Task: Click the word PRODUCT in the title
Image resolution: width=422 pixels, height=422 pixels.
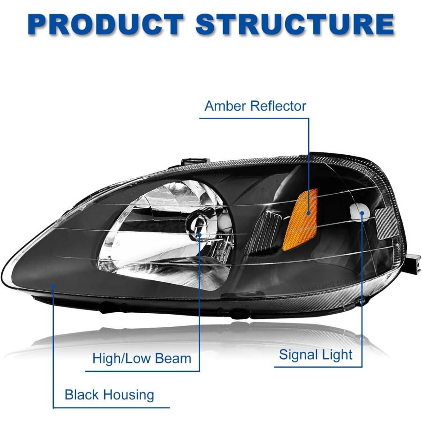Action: (106, 25)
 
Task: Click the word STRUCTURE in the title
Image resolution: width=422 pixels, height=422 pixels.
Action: (295, 25)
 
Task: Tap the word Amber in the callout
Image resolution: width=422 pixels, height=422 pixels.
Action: (225, 106)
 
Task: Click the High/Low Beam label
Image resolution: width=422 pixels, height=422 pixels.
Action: (142, 359)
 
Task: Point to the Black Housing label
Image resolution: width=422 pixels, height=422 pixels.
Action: (109, 395)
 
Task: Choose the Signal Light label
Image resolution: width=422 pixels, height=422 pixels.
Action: (316, 355)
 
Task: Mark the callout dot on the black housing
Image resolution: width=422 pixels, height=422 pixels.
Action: (53, 286)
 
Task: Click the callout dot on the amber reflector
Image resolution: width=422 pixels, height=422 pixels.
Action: (309, 213)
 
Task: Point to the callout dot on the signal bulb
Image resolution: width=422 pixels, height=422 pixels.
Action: (362, 213)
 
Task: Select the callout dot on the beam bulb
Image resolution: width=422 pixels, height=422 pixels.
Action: (199, 235)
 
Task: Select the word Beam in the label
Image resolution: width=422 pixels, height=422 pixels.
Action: (173, 359)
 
